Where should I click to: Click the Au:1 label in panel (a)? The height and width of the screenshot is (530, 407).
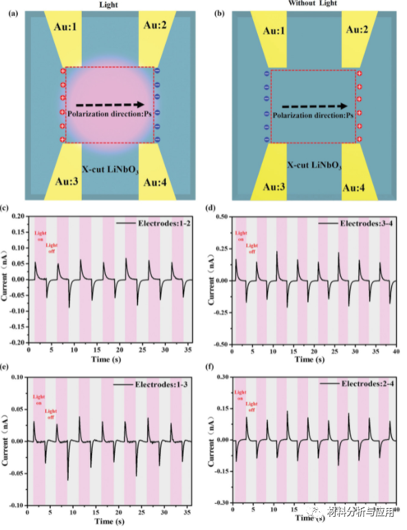(x=68, y=25)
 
